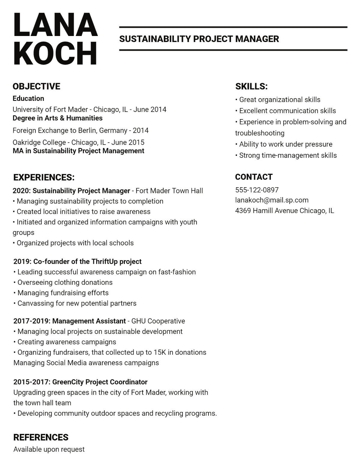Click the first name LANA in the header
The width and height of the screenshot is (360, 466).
pyautogui.click(x=55, y=24)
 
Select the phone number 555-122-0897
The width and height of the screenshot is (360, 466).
pyautogui.click(x=257, y=190)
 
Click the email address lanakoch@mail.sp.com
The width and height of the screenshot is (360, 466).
pyautogui.click(x=272, y=200)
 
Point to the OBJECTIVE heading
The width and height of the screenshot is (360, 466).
pyautogui.click(x=36, y=86)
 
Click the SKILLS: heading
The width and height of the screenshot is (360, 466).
pyautogui.click(x=251, y=86)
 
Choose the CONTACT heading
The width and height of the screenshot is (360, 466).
pyautogui.click(x=254, y=177)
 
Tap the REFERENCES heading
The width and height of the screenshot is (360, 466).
pyautogui.click(x=41, y=437)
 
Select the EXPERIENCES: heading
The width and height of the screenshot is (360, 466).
pyautogui.click(x=44, y=177)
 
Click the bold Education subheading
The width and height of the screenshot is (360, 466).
pyautogui.click(x=28, y=98)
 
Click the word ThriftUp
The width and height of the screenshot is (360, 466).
pyautogui.click(x=105, y=262)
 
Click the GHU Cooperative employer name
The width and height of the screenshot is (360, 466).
pyautogui.click(x=158, y=321)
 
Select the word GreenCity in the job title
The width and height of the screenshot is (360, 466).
pyautogui.click(x=68, y=382)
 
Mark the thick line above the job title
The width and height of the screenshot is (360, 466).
pyautogui.click(x=233, y=27)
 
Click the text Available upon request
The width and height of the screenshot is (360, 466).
pyautogui.click(x=49, y=449)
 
